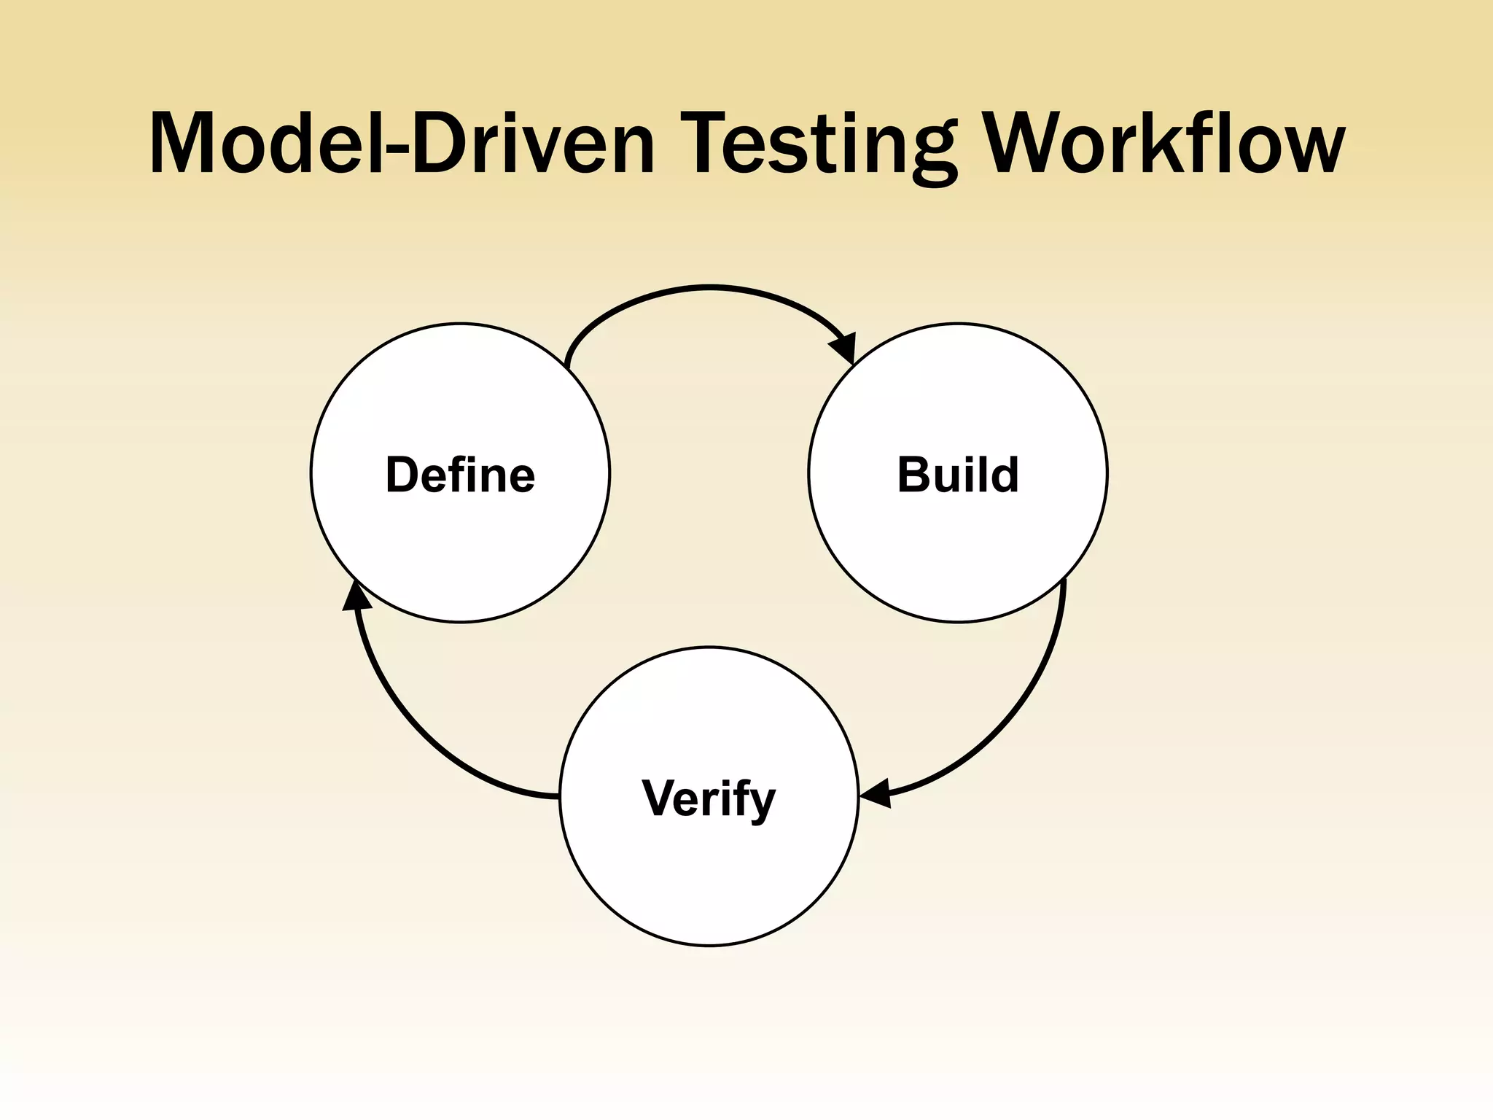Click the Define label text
point(460,475)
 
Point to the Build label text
point(957,475)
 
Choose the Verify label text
point(709,798)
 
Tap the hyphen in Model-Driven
point(394,149)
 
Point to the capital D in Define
point(402,475)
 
